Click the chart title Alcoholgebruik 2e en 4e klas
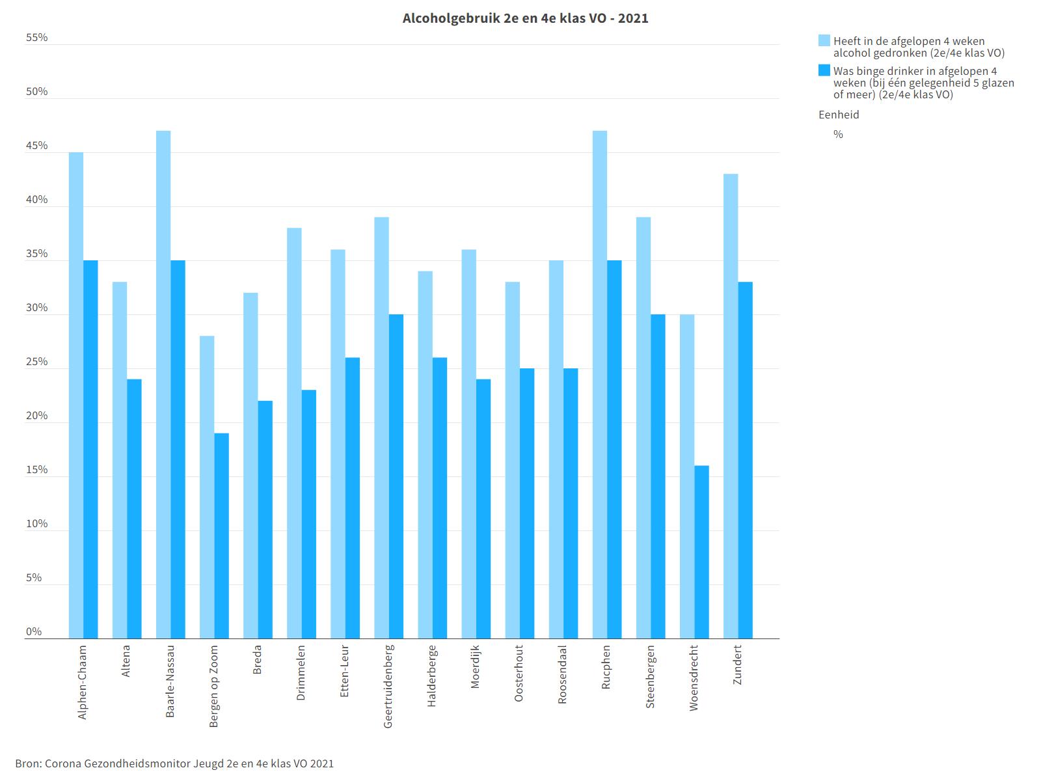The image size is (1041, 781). click(x=525, y=18)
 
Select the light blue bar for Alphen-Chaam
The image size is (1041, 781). click(x=76, y=395)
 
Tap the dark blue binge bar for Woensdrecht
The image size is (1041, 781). click(x=701, y=552)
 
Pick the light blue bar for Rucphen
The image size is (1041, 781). click(x=600, y=384)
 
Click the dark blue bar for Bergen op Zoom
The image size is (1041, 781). click(x=221, y=536)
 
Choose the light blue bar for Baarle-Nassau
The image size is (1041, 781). click(x=163, y=384)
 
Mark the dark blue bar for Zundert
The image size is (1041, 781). click(x=745, y=459)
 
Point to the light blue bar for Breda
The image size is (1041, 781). click(x=250, y=465)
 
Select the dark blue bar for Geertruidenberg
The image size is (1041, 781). click(x=396, y=476)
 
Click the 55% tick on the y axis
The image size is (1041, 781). click(x=37, y=38)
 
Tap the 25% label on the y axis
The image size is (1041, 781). click(x=37, y=362)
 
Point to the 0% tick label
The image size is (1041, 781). click(x=34, y=632)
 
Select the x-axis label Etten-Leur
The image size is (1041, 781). click(x=344, y=671)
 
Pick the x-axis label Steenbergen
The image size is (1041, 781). click(x=650, y=677)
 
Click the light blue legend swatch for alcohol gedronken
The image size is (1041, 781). click(x=824, y=41)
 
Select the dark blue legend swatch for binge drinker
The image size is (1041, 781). click(x=824, y=71)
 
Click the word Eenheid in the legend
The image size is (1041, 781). click(x=839, y=115)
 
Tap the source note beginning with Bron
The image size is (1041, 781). click(x=174, y=763)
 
